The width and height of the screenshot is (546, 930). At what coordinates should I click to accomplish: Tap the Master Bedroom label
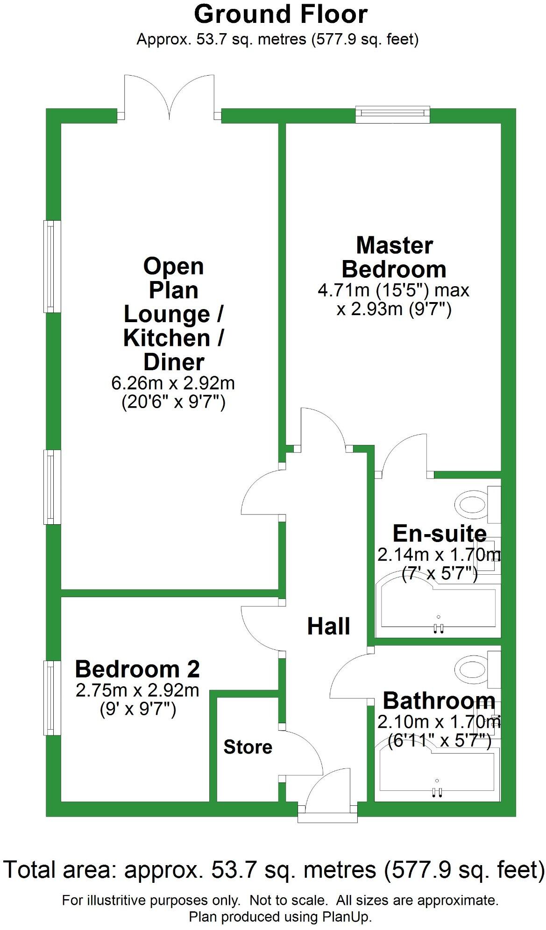[394, 258]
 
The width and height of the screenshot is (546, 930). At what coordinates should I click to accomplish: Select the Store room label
[248, 747]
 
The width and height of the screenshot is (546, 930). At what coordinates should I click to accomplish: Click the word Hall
[328, 626]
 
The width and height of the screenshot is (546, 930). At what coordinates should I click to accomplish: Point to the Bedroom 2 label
[137, 669]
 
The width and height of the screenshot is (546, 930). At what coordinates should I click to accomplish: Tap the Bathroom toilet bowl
[472, 669]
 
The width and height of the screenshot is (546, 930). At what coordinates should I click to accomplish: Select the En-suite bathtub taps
[438, 628]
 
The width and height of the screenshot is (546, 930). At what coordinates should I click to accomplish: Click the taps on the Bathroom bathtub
[437, 791]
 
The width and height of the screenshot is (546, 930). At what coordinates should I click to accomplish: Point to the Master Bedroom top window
[392, 114]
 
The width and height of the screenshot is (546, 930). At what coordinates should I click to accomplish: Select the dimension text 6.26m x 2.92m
[173, 383]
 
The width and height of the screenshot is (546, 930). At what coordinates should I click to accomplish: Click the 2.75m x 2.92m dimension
[137, 690]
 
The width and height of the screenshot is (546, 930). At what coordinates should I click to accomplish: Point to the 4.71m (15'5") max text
[393, 290]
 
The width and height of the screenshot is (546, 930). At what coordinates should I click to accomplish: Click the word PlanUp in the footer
[346, 917]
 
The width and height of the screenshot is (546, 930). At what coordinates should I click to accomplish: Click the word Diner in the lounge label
[173, 362]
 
